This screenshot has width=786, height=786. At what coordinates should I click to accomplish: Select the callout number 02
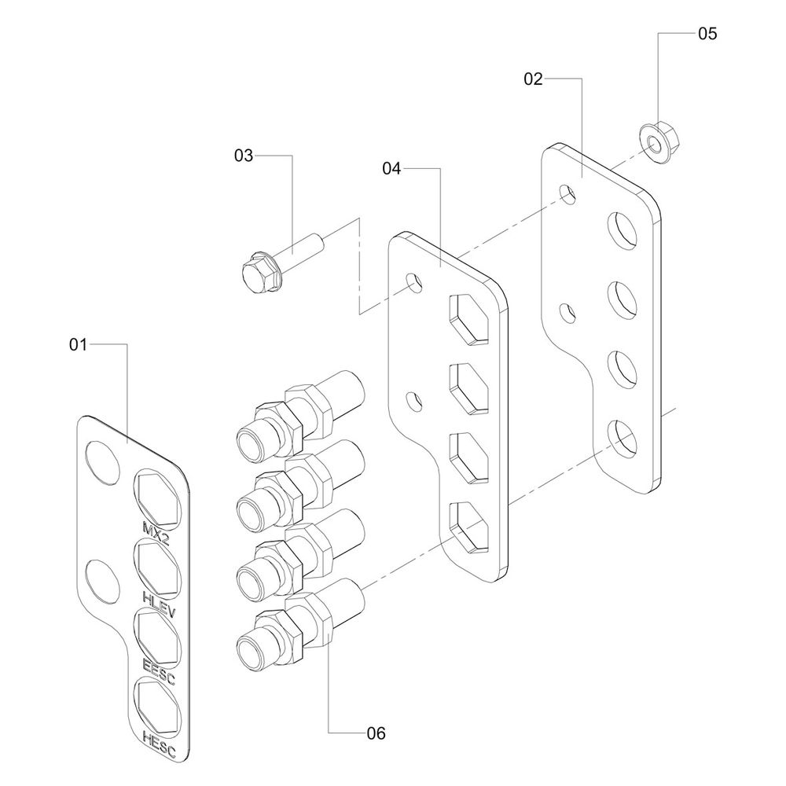[534, 79]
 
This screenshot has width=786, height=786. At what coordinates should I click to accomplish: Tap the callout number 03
[244, 156]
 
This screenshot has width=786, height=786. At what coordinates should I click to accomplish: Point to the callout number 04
[392, 168]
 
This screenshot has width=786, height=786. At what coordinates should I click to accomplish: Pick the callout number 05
[707, 34]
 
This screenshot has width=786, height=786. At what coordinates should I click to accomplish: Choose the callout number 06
[376, 733]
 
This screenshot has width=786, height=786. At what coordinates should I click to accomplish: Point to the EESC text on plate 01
[160, 672]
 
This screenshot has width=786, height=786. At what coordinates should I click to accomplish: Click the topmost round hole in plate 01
[103, 461]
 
